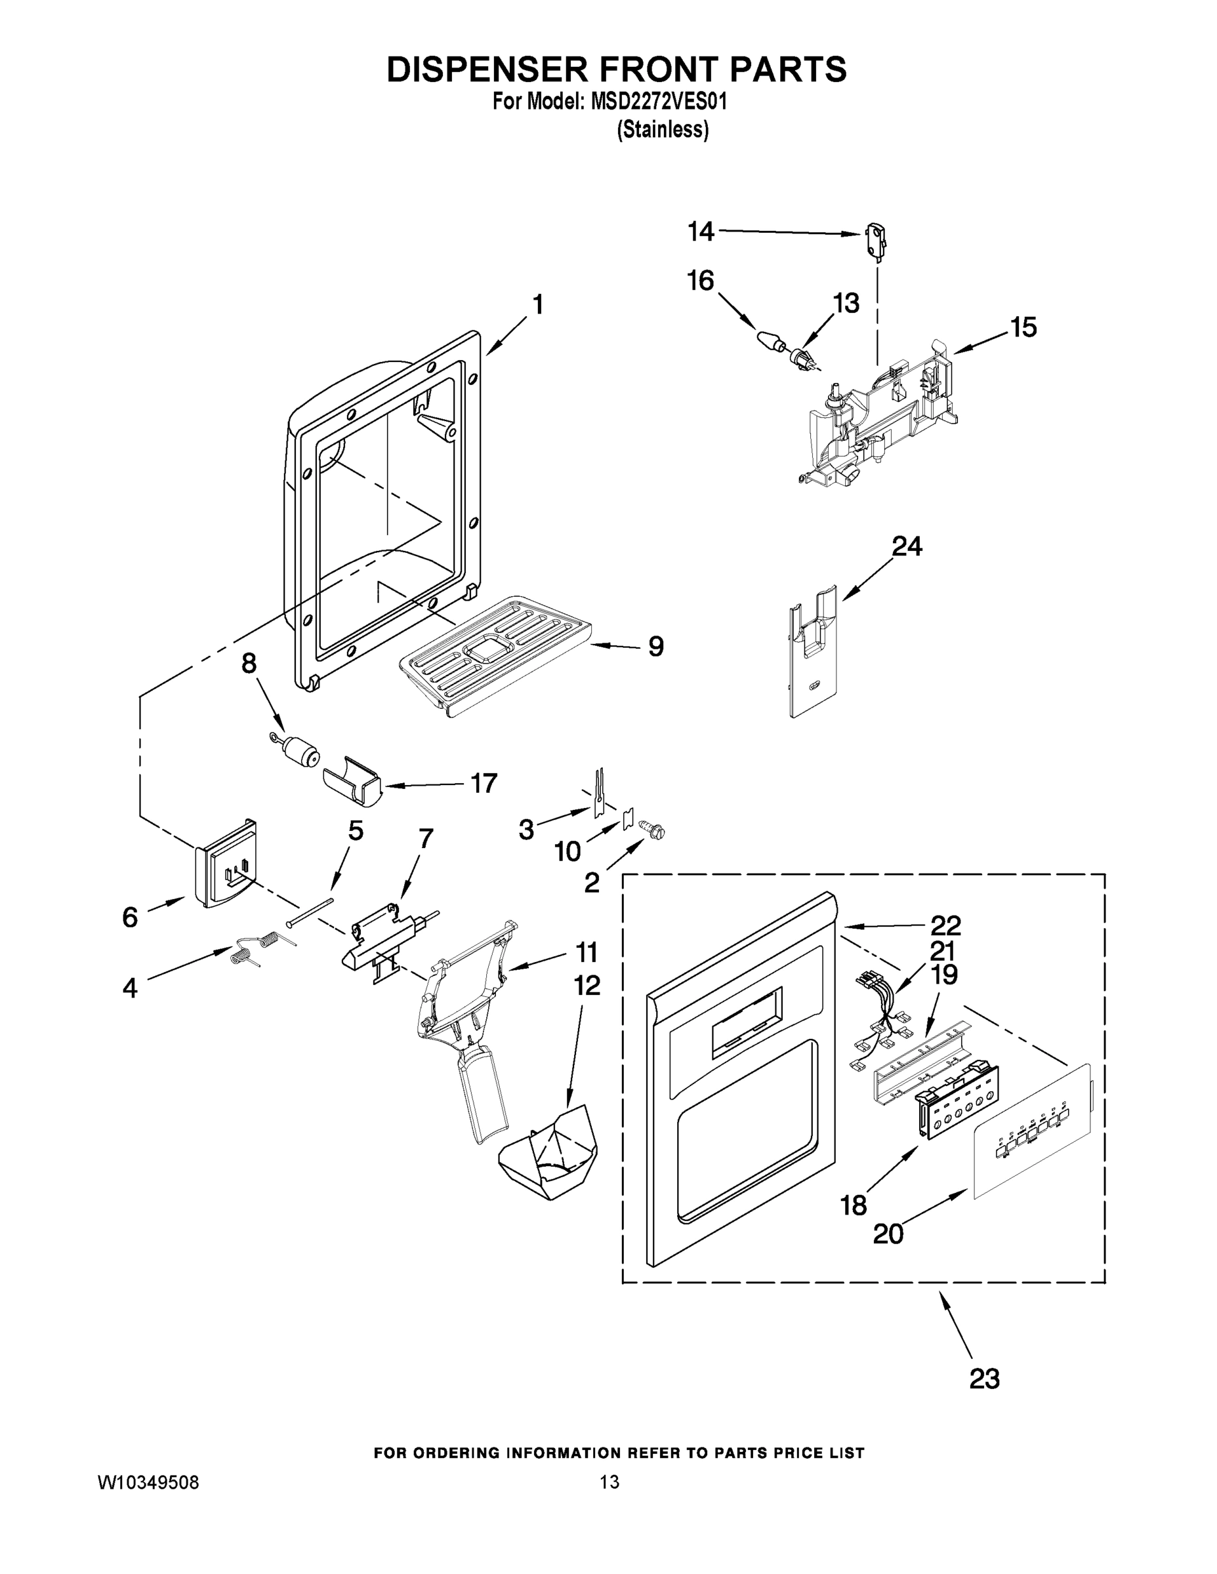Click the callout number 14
pyautogui.click(x=700, y=232)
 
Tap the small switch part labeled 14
pyautogui.click(x=876, y=239)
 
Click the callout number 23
pyautogui.click(x=984, y=1379)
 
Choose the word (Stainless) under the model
pyautogui.click(x=663, y=130)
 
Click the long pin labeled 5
pyautogui.click(x=310, y=912)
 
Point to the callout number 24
pyautogui.click(x=907, y=546)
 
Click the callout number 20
pyautogui.click(x=888, y=1234)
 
